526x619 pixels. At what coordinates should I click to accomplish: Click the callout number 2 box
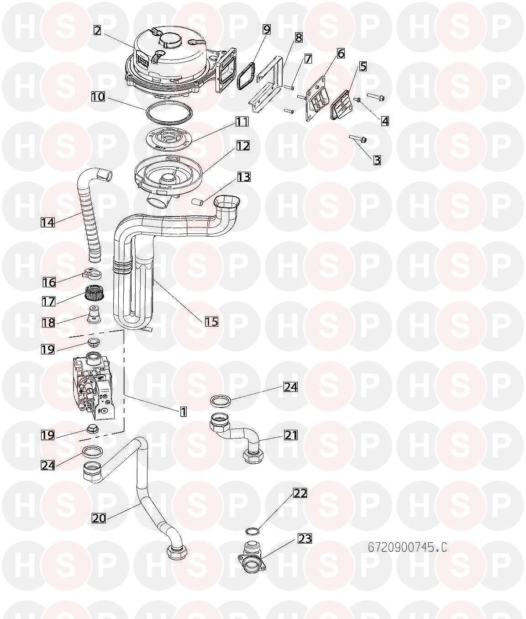pos(98,30)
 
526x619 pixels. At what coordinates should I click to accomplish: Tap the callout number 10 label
pos(98,97)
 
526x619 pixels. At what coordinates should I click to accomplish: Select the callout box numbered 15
pos(211,322)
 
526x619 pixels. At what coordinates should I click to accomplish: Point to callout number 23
pos(305,539)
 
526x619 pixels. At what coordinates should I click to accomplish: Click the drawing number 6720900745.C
pos(407,548)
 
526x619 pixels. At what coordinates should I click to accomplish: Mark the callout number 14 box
pos(48,222)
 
